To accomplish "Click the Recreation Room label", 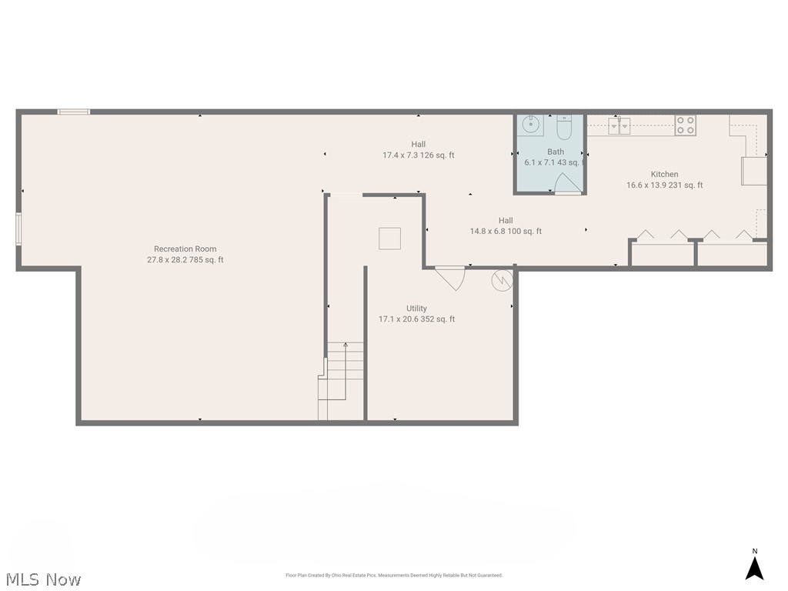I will pos(185,249).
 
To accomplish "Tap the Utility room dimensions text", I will pos(416,319).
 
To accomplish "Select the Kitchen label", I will pos(664,174).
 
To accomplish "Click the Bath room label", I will pos(555,152).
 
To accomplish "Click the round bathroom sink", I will pos(530,124).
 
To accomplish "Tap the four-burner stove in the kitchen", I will pos(685,125).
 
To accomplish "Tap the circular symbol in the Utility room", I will pos(502,280).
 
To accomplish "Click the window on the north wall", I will pos(74,112).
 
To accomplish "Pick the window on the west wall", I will pos(19,229).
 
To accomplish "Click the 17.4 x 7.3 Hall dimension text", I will pos(418,155).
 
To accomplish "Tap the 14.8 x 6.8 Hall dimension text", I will pos(506,231).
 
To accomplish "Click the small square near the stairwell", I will pos(389,239).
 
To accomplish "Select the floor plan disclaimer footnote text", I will pos(393,575).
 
